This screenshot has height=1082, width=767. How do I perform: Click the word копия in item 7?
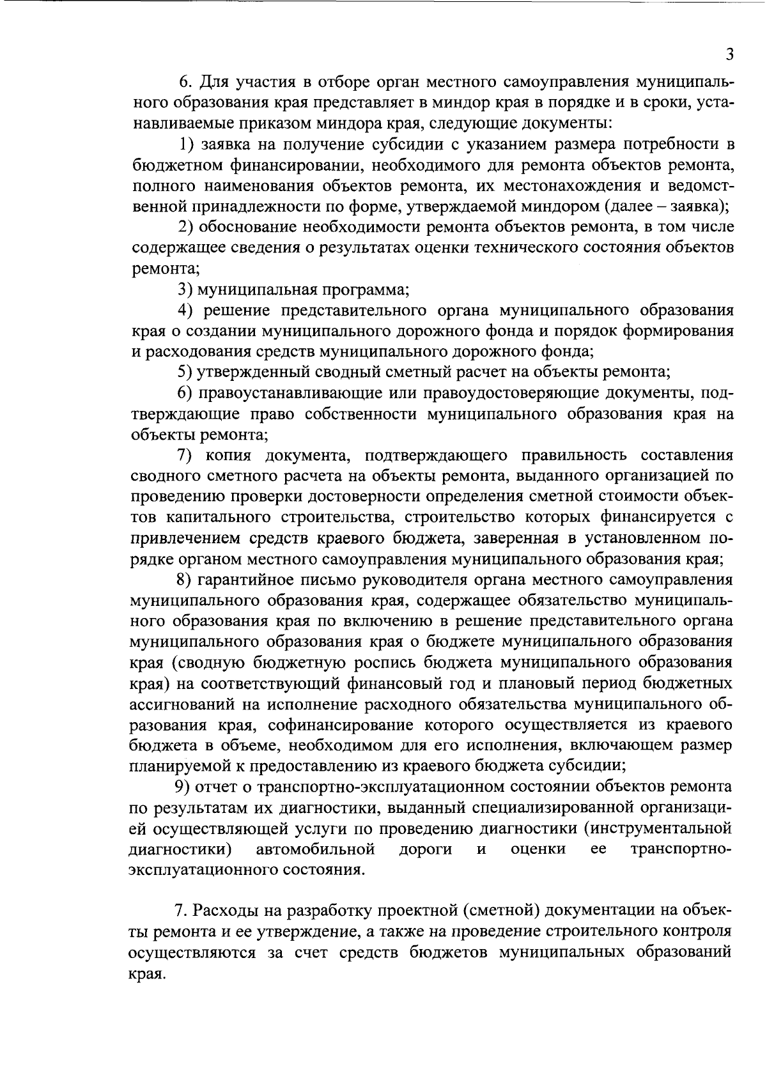point(229,456)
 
